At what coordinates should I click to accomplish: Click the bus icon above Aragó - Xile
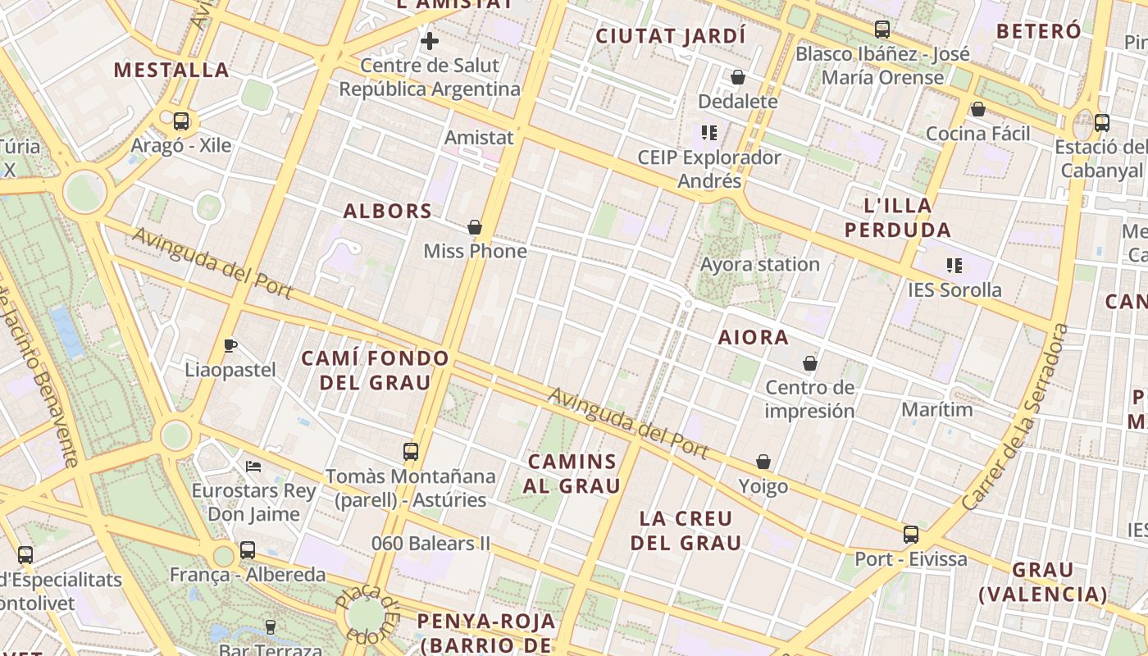click(x=181, y=121)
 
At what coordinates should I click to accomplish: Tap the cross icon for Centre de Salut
click(x=429, y=41)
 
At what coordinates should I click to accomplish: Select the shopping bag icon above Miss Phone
click(x=474, y=227)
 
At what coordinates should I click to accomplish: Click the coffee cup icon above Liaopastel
click(x=230, y=345)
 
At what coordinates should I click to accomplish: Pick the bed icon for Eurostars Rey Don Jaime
click(x=253, y=467)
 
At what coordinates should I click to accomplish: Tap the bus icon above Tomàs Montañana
click(x=410, y=451)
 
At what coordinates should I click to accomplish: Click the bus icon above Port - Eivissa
click(x=910, y=535)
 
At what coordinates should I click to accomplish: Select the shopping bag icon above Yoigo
click(x=763, y=462)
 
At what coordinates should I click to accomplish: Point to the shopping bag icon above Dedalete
click(x=737, y=78)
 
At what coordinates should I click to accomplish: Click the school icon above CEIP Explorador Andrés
click(x=709, y=132)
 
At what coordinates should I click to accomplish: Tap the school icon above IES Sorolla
click(x=954, y=266)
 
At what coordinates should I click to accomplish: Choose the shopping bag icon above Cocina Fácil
click(x=977, y=109)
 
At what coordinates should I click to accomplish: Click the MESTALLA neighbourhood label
click(x=171, y=70)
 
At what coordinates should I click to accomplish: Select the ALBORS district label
click(x=388, y=211)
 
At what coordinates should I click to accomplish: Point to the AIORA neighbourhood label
click(x=753, y=337)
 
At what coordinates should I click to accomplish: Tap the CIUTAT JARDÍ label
click(x=671, y=36)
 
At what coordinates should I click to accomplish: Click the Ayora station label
click(x=759, y=264)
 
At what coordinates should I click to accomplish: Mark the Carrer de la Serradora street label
click(x=1016, y=418)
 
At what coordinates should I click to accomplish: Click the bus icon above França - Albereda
click(x=248, y=550)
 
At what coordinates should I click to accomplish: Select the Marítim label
click(x=937, y=408)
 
